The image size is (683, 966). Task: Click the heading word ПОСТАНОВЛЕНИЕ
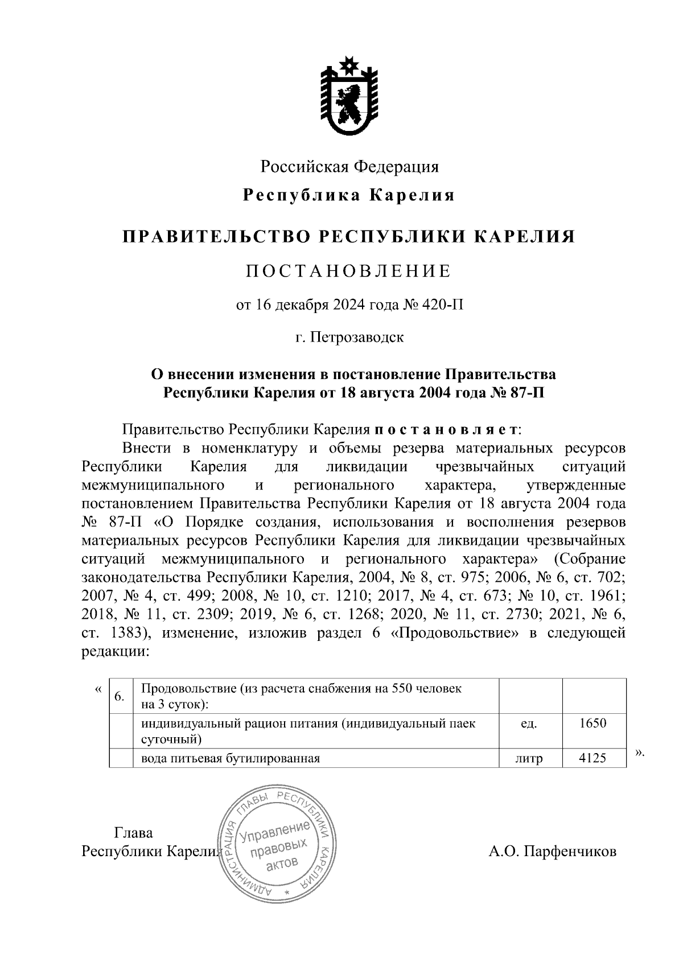[348, 271]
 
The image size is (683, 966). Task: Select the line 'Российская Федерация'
[349, 167]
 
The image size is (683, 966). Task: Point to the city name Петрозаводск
[357, 337]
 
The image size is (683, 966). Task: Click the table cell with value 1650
[593, 724]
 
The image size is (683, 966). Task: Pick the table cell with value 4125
[593, 758]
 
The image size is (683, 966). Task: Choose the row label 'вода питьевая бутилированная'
[231, 758]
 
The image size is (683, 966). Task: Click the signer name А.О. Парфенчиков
[552, 852]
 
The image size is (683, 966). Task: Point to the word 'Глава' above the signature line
[134, 833]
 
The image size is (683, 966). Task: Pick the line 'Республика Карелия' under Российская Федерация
[349, 195]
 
